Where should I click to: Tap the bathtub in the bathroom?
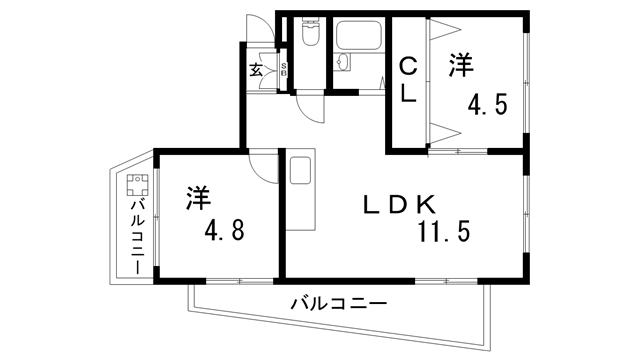click(358, 39)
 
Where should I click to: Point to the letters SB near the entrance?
click(283, 70)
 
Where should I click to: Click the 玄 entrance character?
click(256, 70)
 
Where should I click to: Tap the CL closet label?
click(408, 81)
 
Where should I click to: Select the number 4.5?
click(490, 102)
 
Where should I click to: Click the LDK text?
click(398, 205)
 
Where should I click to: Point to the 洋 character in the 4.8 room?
click(198, 198)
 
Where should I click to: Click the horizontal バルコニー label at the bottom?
click(338, 302)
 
